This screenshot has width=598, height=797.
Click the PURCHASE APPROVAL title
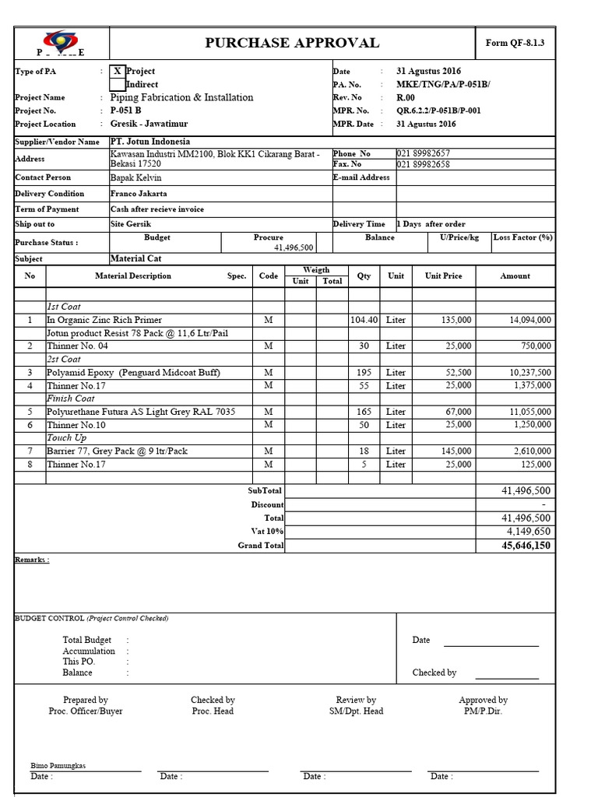[292, 43]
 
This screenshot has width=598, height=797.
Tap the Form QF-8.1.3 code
[515, 43]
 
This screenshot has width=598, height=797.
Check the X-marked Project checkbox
[117, 71]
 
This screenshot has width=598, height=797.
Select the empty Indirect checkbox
[117, 84]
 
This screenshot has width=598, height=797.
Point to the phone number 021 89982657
[424, 154]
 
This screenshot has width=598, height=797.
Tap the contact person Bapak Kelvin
[136, 177]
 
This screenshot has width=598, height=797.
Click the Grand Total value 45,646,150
[526, 546]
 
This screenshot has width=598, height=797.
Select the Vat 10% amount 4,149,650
[527, 532]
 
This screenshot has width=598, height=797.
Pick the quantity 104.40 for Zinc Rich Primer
[364, 320]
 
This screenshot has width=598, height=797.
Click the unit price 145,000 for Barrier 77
[455, 451]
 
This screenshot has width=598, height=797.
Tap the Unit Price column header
[443, 276]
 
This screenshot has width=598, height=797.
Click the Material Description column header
[133, 276]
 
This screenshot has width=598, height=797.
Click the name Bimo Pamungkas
[58, 765]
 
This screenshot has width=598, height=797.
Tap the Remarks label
[32, 560]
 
